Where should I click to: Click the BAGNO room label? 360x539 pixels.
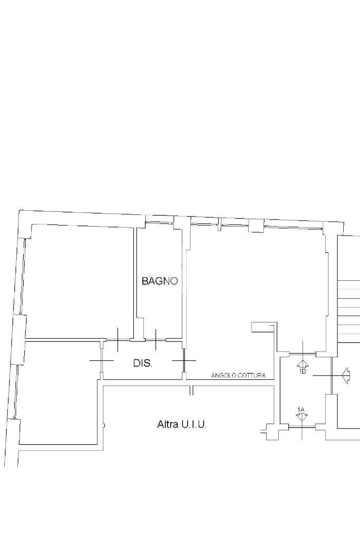(x=160, y=281)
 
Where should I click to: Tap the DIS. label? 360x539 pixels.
(x=143, y=363)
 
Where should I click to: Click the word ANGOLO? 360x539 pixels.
(x=223, y=375)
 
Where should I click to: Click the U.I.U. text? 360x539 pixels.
(x=194, y=424)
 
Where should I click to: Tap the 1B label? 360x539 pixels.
(x=303, y=371)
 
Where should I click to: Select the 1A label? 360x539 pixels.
(x=301, y=409)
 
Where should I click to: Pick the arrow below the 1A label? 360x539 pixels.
(x=301, y=417)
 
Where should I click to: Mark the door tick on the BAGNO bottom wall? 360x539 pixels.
(x=156, y=340)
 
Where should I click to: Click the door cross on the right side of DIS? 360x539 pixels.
(x=184, y=360)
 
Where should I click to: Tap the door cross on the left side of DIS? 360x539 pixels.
(x=101, y=360)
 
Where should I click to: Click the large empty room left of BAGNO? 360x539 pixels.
(x=80, y=281)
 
